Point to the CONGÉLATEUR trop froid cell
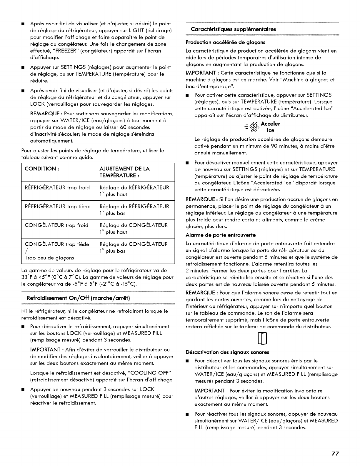[x=56, y=225]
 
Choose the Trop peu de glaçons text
[x=49, y=258]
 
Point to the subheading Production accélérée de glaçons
[x=225, y=42]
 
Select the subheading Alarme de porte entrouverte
[x=221, y=235]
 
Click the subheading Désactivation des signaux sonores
[x=227, y=352]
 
